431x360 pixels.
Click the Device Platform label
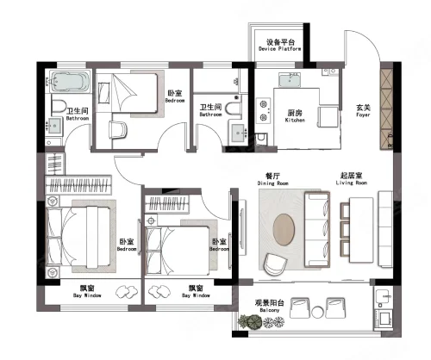[x=280, y=46]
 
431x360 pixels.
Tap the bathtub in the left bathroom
[x=70, y=81]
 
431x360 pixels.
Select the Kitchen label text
[x=295, y=116]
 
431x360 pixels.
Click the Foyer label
[x=363, y=111]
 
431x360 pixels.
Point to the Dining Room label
[x=272, y=179]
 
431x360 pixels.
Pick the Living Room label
[x=352, y=179]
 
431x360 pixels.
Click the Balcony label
[x=270, y=306]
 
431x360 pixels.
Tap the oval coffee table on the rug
[x=284, y=229]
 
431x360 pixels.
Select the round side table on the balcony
[x=317, y=312]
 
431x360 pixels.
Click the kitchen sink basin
[x=290, y=79]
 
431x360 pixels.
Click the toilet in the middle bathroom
[x=234, y=109]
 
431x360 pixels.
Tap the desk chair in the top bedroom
[x=118, y=130]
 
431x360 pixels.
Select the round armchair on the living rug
[x=275, y=264]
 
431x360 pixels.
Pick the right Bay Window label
[x=196, y=291]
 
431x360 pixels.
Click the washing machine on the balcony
[x=384, y=319]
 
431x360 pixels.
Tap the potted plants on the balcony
[x=261, y=321]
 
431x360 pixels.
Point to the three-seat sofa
[x=317, y=230]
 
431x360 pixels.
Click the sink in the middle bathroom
[x=240, y=133]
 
